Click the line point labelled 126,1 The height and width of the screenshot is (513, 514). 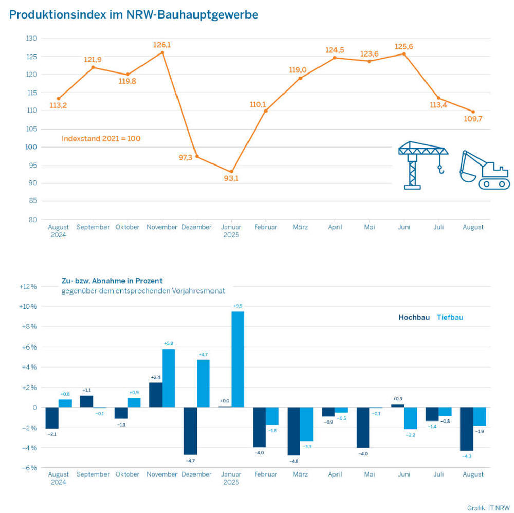(x=162, y=52)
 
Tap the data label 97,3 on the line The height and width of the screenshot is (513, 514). (x=185, y=157)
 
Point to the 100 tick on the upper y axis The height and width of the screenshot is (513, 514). (x=31, y=147)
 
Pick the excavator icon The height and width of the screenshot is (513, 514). (x=483, y=170)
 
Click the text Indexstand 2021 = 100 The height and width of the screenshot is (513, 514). (x=101, y=138)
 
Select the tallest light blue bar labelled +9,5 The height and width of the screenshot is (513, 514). (x=237, y=359)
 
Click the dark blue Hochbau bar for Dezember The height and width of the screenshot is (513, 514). (x=191, y=431)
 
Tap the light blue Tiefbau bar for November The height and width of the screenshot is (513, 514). (x=169, y=378)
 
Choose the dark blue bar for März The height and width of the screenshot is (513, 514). (x=293, y=432)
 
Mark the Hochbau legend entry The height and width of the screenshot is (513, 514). (x=414, y=317)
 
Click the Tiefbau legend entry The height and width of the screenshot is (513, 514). (x=450, y=317)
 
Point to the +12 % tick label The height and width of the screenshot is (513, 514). (x=28, y=287)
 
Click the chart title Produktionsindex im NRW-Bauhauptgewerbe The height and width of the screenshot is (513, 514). (x=134, y=15)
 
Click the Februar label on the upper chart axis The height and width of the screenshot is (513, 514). (x=265, y=227)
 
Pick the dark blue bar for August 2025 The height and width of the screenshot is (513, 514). (x=466, y=429)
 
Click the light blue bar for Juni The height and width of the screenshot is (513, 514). (x=410, y=418)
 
